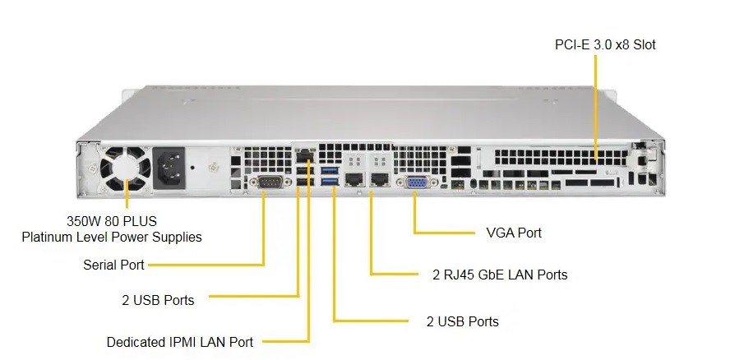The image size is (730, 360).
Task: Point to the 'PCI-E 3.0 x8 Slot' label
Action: tap(605, 45)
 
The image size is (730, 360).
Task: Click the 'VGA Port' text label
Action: tap(514, 233)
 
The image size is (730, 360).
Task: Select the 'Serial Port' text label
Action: tap(113, 265)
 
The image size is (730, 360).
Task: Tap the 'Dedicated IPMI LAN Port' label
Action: tap(180, 342)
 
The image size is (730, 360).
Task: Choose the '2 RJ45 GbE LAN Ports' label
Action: tap(500, 275)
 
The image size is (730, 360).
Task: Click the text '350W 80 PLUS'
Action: tap(111, 221)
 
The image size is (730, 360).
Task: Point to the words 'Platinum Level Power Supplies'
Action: tap(111, 238)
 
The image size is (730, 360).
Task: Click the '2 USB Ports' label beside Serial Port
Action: tap(156, 300)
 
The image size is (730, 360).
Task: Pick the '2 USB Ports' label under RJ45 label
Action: tap(462, 321)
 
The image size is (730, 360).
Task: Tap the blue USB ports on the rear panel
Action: tap(330, 176)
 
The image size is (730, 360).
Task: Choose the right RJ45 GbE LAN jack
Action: tap(380, 178)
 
